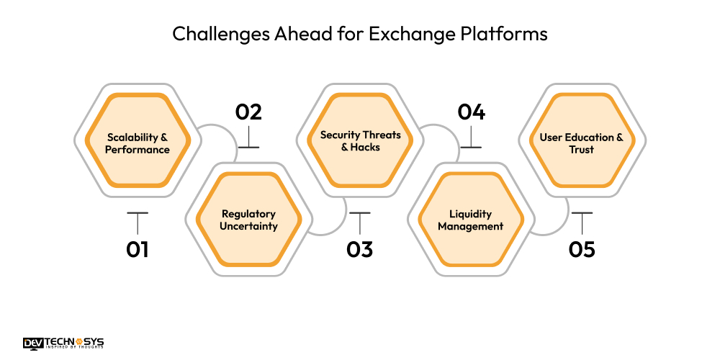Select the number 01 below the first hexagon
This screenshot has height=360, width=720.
click(x=137, y=250)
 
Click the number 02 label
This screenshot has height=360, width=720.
click(x=248, y=112)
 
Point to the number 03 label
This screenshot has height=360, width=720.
click(x=359, y=250)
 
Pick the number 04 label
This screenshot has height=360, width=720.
click(x=471, y=112)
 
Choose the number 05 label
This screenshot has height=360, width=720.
click(x=582, y=250)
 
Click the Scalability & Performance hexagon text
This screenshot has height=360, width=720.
click(x=138, y=143)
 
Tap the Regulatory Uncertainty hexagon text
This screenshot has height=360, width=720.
click(x=249, y=220)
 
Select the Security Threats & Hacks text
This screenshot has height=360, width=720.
click(x=360, y=140)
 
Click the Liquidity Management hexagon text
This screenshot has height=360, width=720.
click(x=471, y=220)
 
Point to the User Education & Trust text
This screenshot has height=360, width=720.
click(x=582, y=143)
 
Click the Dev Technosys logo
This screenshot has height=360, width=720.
click(x=63, y=343)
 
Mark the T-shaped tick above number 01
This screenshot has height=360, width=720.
click(x=137, y=220)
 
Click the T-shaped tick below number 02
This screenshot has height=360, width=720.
click(x=248, y=139)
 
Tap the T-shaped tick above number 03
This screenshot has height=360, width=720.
click(x=359, y=220)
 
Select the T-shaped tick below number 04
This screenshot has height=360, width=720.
click(x=471, y=139)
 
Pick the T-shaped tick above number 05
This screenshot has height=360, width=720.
click(x=582, y=220)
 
